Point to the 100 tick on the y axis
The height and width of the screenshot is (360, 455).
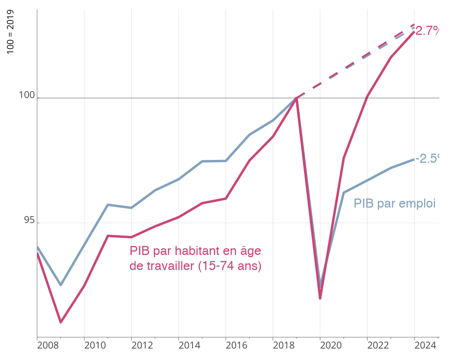click(27, 95)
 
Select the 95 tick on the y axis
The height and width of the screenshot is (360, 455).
click(29, 220)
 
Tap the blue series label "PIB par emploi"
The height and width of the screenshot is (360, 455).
click(394, 203)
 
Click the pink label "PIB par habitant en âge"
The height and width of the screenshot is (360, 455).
click(195, 251)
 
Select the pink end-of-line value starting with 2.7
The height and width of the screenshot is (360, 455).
click(427, 31)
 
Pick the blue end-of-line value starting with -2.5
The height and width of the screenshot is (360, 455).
click(427, 159)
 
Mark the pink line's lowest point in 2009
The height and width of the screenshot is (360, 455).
click(61, 322)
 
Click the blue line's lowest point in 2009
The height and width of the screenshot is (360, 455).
click(61, 285)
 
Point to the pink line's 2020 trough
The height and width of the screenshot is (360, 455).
click(320, 298)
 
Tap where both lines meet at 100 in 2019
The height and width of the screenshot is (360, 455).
click(297, 98)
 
